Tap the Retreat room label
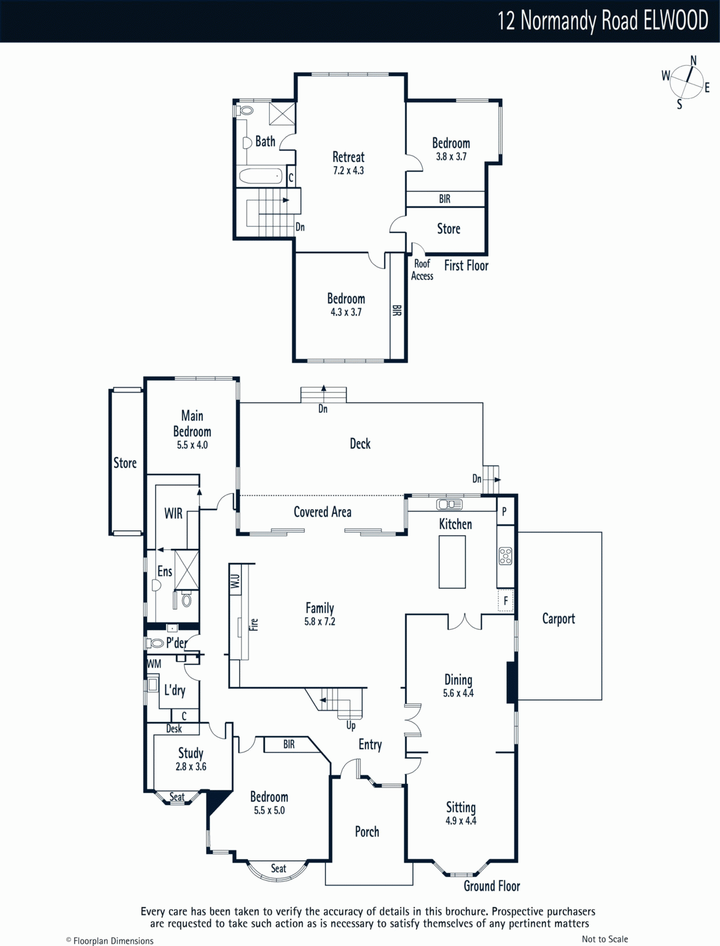pos(348,157)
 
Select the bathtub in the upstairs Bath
pos(260,176)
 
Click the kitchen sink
pos(449,504)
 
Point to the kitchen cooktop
pos(505,556)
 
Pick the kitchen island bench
pos(452,562)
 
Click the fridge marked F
pos(506,600)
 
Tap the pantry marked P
pos(505,511)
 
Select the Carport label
pos(558,619)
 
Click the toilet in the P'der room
pos(155,643)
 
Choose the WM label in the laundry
pos(154,664)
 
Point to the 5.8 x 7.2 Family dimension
pos(319,621)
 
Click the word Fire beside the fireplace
pos(254,624)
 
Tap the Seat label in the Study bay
pos(177,797)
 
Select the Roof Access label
pos(422,270)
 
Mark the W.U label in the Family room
pos(235,581)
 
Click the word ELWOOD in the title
pos(676,20)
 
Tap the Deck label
pos(360,443)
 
